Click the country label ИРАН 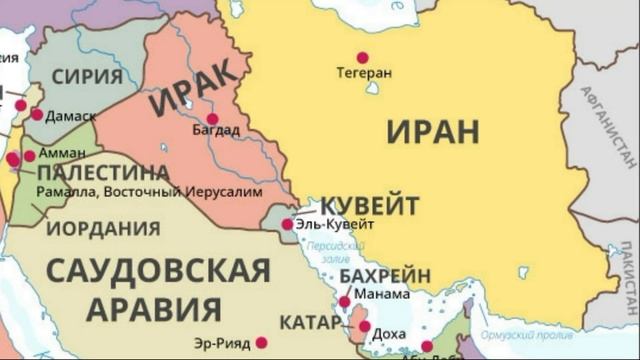coord(432,131)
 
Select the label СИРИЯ coord(87,75)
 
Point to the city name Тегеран coord(364,73)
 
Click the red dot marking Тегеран coord(362,57)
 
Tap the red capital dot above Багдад coord(212,118)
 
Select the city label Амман coord(62,155)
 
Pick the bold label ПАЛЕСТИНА coord(103,173)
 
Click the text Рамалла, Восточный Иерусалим coord(149,190)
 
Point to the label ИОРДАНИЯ coord(103,228)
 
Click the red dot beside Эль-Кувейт coord(287,224)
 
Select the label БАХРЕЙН coord(385,275)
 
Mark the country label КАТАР coord(310,322)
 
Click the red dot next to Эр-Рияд coord(261,342)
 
